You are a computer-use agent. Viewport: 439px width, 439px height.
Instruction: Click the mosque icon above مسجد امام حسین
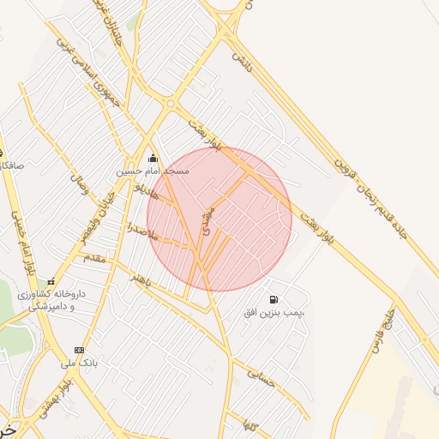pos(153,158)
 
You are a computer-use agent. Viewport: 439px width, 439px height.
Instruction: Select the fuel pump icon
pos(273,300)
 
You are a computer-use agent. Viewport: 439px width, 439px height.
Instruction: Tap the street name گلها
pos(250,424)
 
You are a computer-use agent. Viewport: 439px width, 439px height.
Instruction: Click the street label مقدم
pos(93,257)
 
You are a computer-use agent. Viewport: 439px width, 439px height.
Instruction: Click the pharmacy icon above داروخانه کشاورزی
pos(51,281)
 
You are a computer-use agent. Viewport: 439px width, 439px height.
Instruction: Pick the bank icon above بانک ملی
pos(80,350)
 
